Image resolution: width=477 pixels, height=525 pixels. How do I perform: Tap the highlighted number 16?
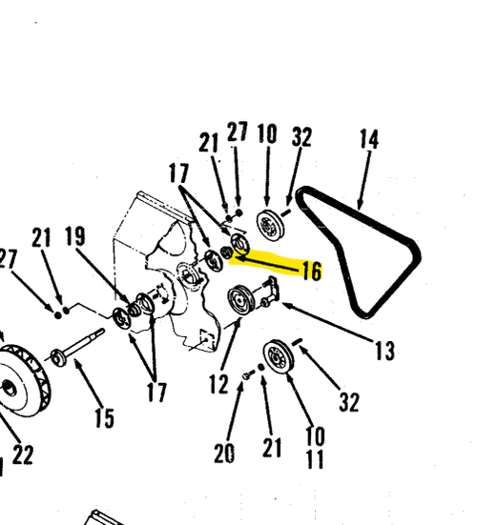[312, 271]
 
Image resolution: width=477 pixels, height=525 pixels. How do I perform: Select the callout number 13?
[384, 351]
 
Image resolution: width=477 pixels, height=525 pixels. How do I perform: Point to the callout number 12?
[218, 384]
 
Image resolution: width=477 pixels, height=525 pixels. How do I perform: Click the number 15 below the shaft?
[104, 418]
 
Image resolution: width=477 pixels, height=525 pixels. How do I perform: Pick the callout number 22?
[23, 454]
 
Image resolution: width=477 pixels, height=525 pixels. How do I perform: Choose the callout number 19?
[74, 236]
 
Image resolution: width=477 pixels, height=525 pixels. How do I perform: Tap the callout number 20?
[224, 453]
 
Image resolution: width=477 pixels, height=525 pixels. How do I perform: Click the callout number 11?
[315, 458]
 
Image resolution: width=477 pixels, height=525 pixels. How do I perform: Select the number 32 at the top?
[301, 136]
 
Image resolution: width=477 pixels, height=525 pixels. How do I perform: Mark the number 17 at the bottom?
[156, 392]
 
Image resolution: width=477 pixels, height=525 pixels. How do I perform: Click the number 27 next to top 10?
[238, 131]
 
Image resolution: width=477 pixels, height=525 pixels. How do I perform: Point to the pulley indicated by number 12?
[240, 300]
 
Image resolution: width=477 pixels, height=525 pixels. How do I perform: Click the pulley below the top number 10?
[270, 225]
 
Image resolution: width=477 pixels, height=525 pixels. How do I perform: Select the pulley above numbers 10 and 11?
[279, 356]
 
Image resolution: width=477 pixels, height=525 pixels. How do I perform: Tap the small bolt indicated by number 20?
[248, 375]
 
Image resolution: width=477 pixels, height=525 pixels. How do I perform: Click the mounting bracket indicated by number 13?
[270, 291]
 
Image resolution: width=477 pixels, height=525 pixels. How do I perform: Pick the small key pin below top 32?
[286, 212]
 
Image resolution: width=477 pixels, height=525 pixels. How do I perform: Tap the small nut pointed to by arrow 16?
[227, 252]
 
